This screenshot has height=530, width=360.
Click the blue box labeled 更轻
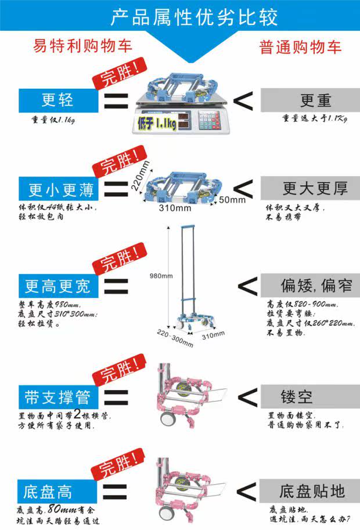[x=57, y=100]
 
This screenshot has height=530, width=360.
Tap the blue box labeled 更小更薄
[x=57, y=189]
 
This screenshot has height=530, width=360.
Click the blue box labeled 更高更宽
[x=57, y=286]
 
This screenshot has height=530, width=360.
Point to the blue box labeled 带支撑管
[x=57, y=397]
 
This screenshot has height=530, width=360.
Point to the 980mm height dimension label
[x=161, y=275]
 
